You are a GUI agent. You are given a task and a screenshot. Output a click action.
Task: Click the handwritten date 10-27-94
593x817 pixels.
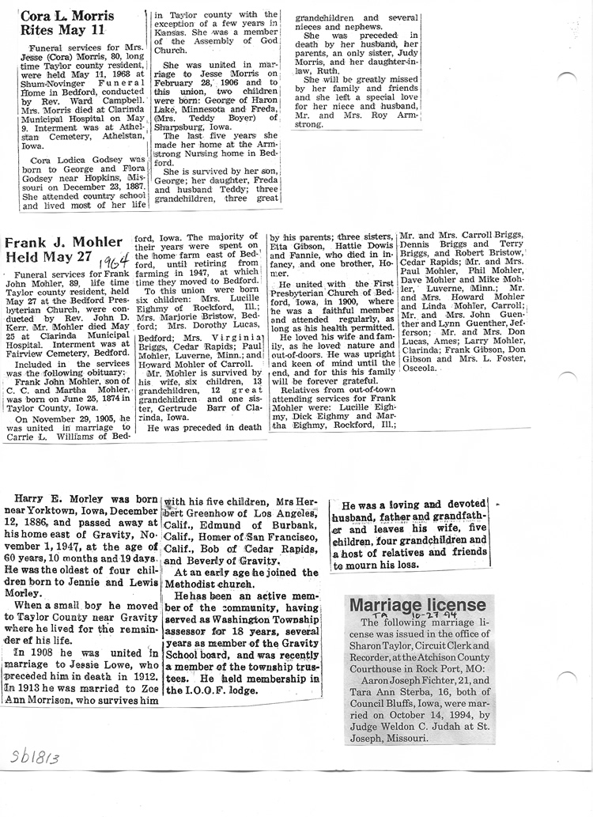pos(450,614)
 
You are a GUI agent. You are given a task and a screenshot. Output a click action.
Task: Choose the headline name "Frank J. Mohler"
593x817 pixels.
pos(63,242)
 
